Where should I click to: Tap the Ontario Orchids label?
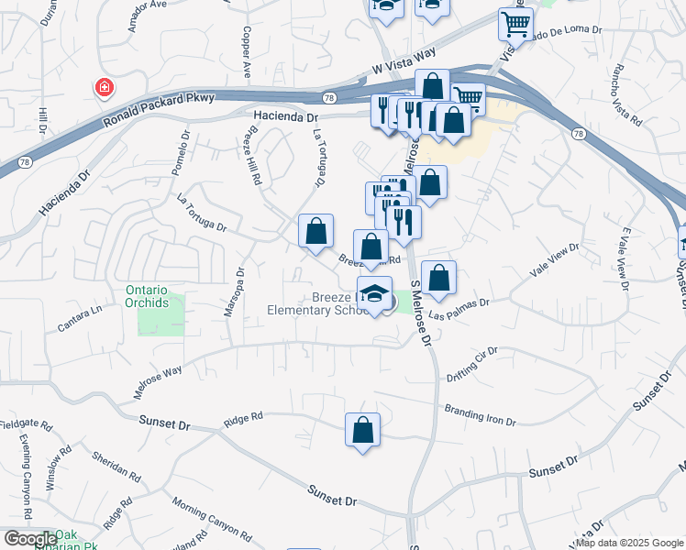pos(147,296)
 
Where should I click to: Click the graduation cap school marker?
pos(373,294)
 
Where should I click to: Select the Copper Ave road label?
pos(246,49)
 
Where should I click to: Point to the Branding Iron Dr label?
pos(481,414)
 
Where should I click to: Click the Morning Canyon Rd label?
pos(211,521)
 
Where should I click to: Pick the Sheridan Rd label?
pos(116,466)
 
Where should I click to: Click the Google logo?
pos(29,539)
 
